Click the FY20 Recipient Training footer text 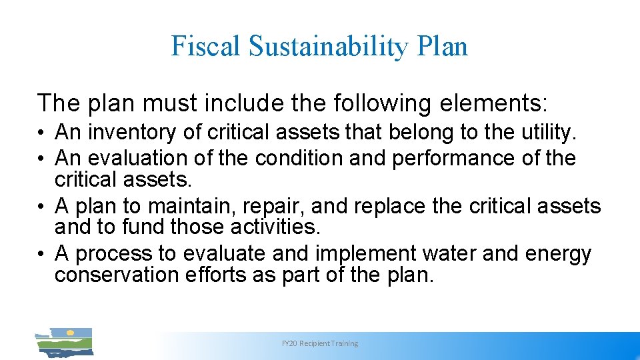320,343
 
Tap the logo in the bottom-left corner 64,341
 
